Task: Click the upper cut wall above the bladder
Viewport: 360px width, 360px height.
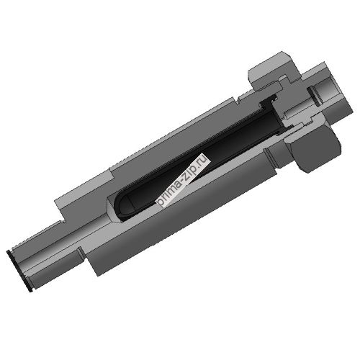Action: [x=173, y=140]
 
